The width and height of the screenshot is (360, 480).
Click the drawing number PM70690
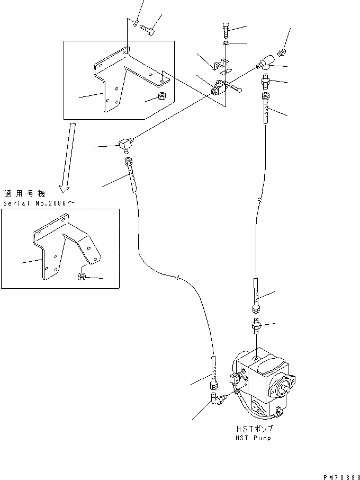340,476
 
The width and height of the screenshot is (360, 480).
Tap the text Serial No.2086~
31,203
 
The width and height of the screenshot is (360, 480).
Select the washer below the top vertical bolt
225,43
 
